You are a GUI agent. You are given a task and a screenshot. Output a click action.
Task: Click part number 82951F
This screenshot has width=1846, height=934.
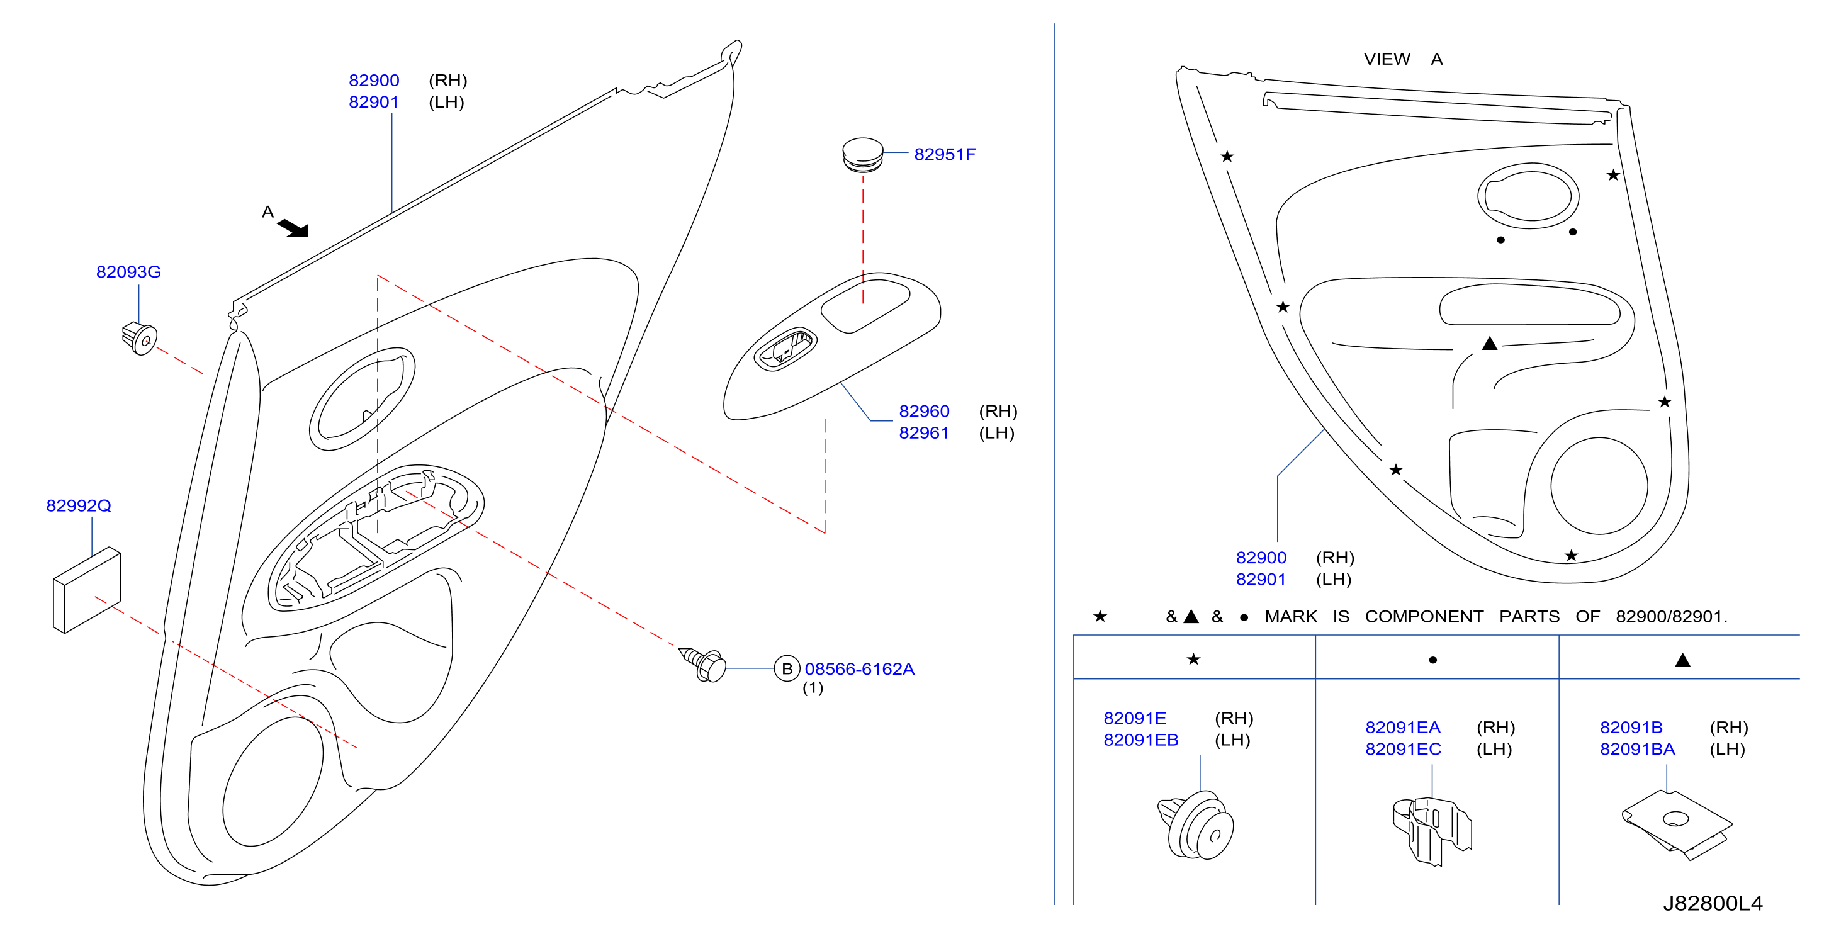[x=945, y=154]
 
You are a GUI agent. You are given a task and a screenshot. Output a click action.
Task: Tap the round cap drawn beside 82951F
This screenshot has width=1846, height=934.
[x=863, y=155]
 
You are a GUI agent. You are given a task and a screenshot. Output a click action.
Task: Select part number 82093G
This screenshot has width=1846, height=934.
[x=128, y=272]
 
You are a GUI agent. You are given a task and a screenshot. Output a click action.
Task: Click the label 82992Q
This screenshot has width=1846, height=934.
[x=79, y=505]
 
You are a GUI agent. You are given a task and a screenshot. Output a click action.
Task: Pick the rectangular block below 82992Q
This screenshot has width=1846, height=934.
[x=87, y=590]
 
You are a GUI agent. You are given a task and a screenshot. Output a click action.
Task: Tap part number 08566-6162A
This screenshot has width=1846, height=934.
[x=859, y=669]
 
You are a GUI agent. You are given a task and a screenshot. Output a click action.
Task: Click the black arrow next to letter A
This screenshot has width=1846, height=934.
[x=293, y=228]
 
